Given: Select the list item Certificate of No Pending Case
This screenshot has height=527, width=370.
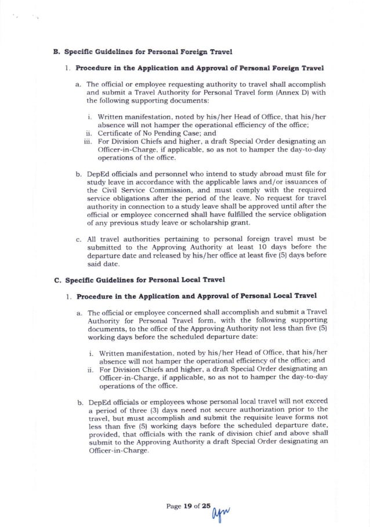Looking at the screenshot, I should coord(148,132).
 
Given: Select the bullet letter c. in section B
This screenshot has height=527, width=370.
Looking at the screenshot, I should coord(78,237).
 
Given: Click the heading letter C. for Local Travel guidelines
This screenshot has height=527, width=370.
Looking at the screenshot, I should coord(57,280).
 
